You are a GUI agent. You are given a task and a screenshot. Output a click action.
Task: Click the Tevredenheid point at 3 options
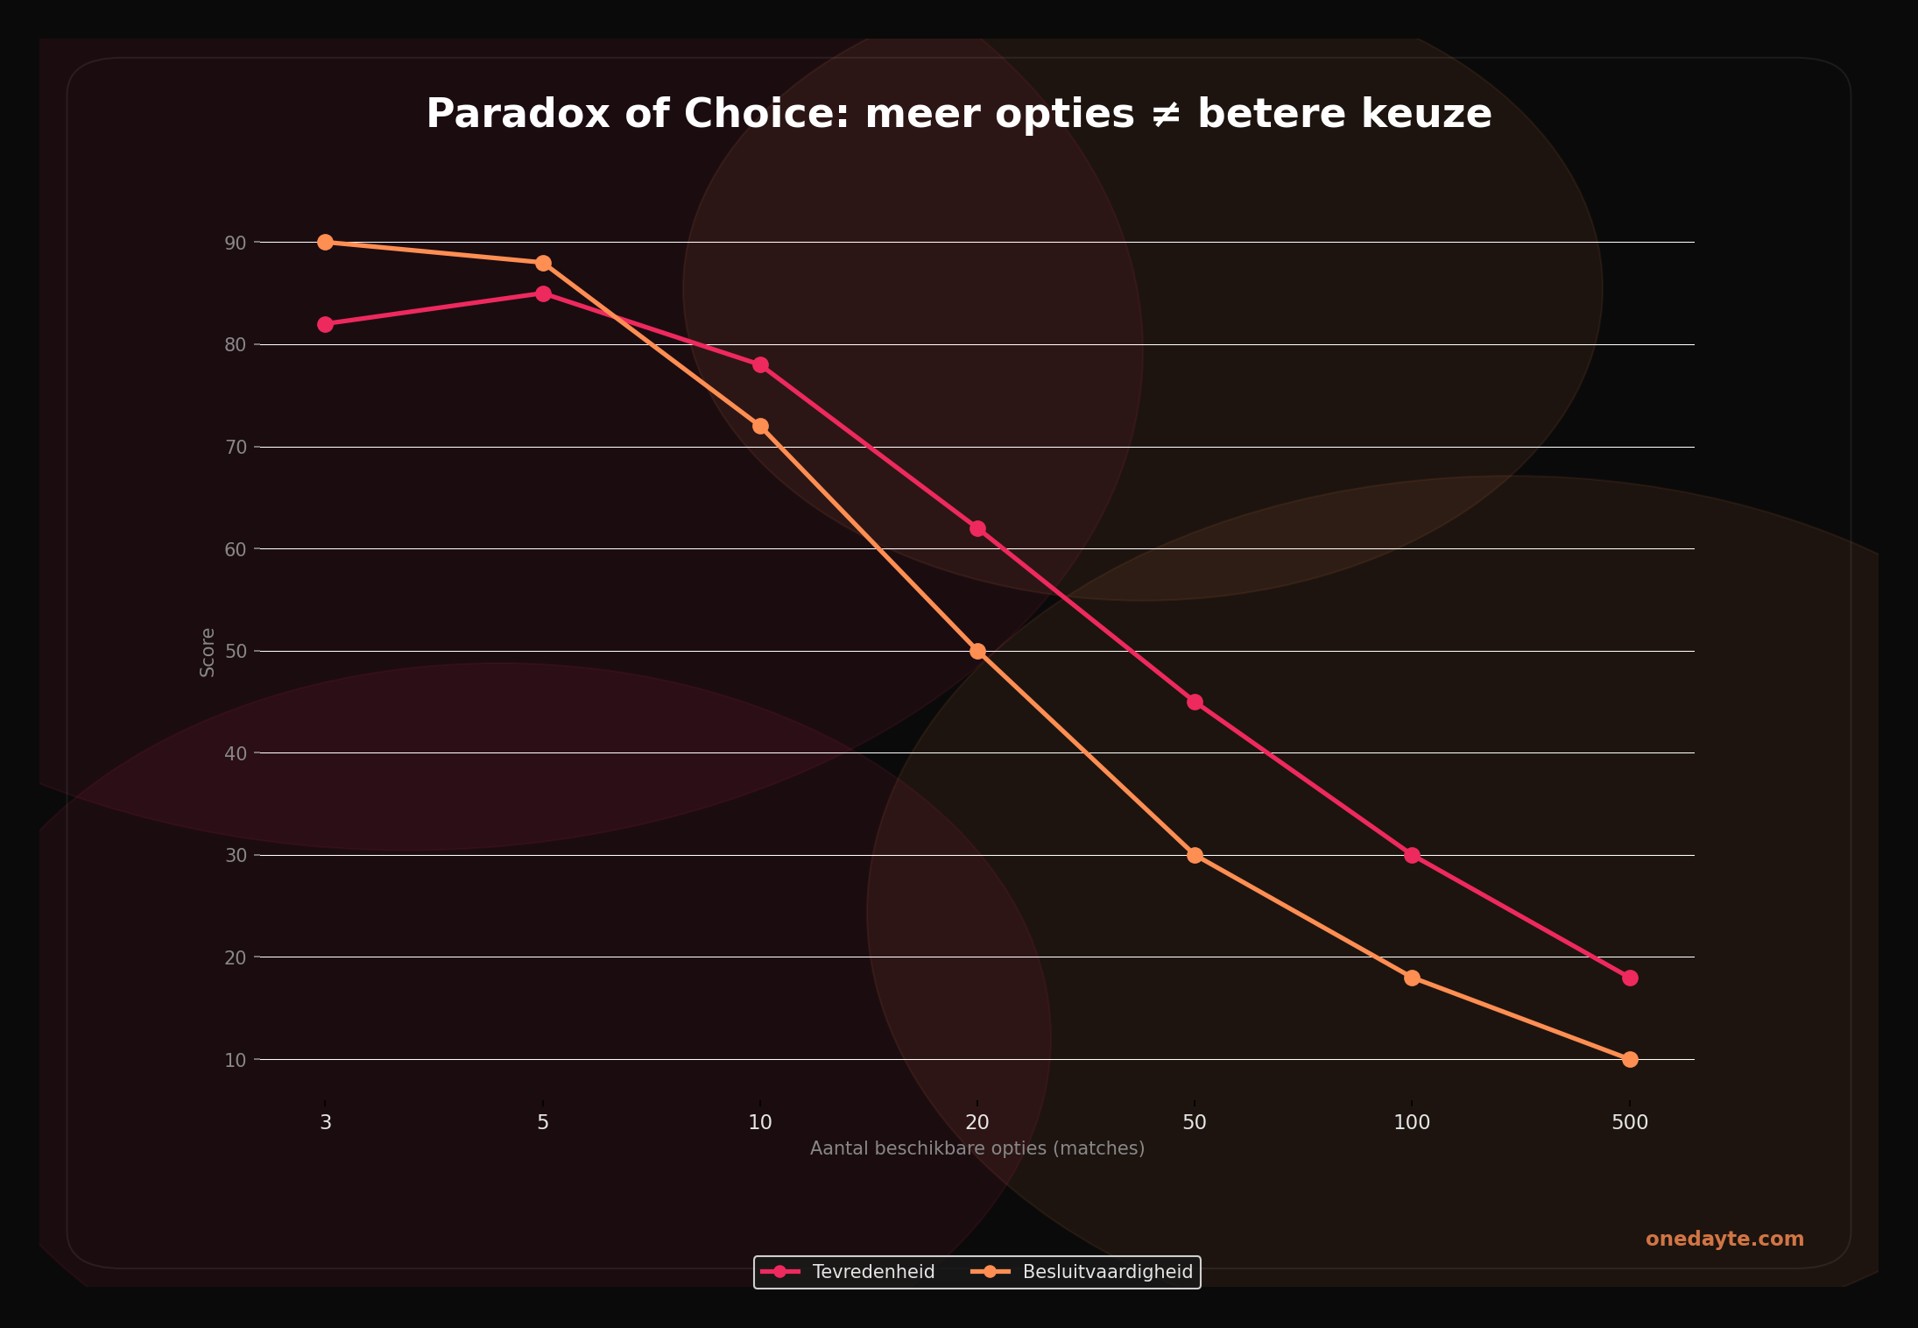point(325,324)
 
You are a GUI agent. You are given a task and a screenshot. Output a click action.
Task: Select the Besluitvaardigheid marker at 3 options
point(325,242)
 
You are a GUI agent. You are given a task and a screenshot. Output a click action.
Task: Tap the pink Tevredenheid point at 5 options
point(543,293)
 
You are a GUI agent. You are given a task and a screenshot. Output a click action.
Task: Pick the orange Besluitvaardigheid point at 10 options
point(760,426)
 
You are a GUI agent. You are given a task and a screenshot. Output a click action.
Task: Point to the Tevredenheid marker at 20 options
point(977,528)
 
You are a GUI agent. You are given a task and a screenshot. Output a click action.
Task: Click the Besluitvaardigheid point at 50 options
point(1195,855)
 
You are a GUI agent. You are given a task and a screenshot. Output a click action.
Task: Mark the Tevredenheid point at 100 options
point(1412,855)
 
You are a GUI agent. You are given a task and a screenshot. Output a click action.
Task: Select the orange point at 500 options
point(1630,1059)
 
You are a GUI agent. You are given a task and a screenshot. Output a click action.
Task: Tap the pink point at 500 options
point(1630,978)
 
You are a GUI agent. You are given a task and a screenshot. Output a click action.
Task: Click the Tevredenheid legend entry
point(872,1272)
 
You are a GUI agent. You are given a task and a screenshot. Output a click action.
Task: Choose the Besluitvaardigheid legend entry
point(1107,1272)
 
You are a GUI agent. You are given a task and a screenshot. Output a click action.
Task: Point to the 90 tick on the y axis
point(236,243)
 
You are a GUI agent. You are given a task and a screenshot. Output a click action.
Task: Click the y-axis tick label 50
point(236,652)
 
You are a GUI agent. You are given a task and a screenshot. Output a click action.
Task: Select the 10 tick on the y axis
point(236,1060)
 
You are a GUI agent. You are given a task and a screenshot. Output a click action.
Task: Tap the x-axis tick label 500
point(1630,1122)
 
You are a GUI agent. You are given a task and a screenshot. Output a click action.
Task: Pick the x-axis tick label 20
point(977,1122)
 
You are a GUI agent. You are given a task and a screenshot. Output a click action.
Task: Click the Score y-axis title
point(208,652)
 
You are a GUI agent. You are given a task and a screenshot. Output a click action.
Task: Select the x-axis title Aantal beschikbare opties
point(977,1148)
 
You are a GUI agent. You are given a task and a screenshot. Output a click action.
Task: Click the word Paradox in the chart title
point(518,114)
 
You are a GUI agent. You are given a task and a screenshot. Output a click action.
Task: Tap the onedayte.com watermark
point(1724,1240)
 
